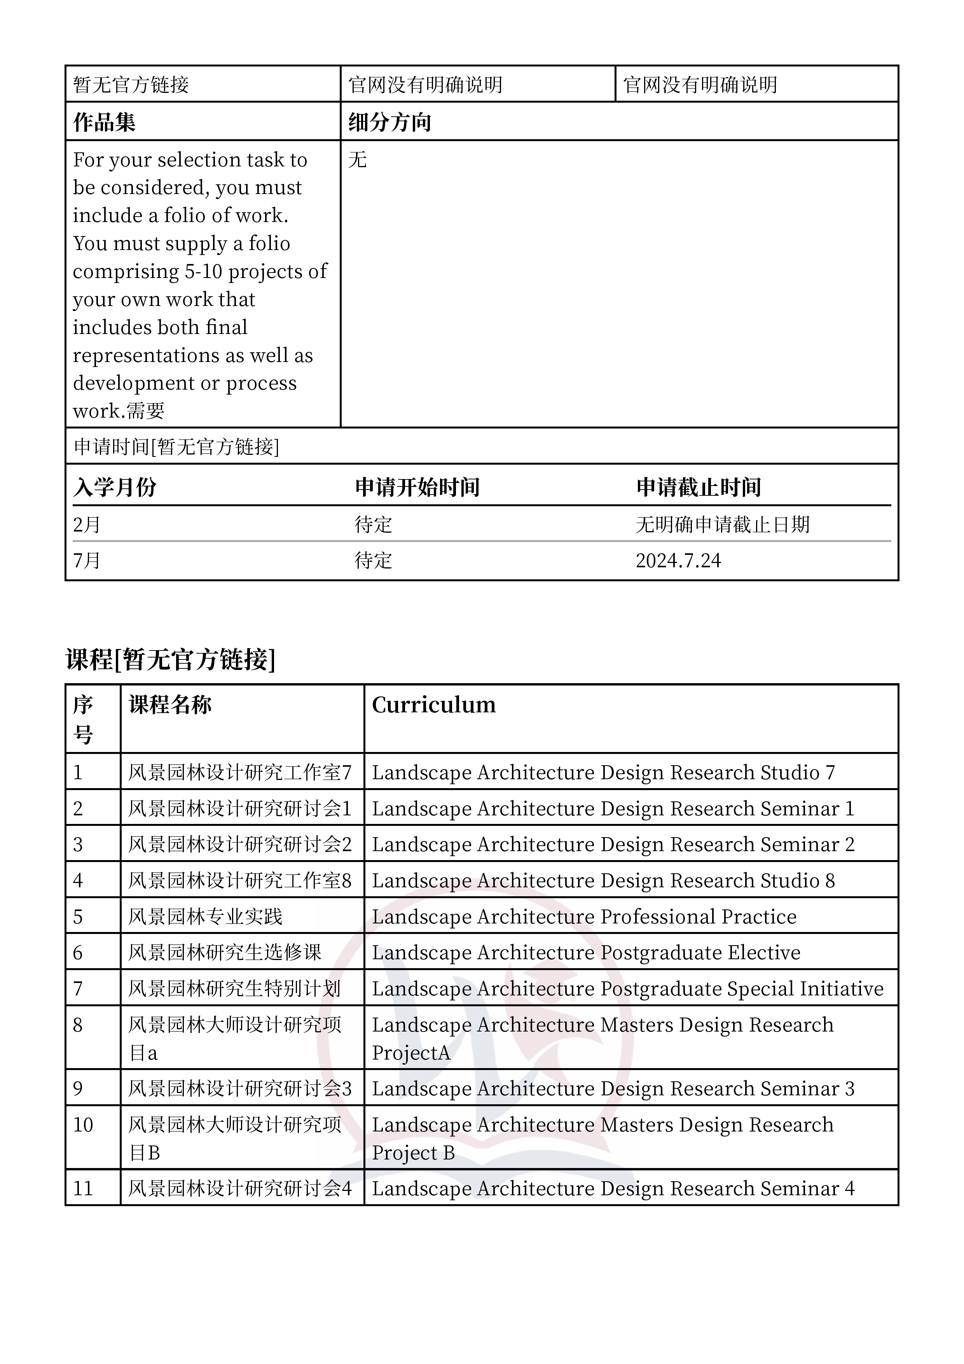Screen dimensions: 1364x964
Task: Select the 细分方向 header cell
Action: click(x=389, y=122)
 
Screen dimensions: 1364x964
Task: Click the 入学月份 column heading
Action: click(x=115, y=487)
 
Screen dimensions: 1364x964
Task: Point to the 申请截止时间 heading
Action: click(x=699, y=487)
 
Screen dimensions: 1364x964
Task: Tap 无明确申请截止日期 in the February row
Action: click(x=722, y=525)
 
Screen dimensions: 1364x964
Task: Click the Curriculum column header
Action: click(x=433, y=705)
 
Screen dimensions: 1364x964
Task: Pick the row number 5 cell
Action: click(x=78, y=917)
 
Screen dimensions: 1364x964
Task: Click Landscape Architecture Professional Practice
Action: click(x=584, y=917)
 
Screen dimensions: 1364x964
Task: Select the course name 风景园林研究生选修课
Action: click(x=225, y=952)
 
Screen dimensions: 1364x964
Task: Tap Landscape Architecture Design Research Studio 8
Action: click(x=603, y=880)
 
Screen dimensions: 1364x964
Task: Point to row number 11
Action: click(x=83, y=1188)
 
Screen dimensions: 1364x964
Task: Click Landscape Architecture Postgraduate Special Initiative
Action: click(x=627, y=988)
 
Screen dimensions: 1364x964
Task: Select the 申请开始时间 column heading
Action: click(x=417, y=487)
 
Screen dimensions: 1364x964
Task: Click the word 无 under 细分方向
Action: click(x=358, y=159)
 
